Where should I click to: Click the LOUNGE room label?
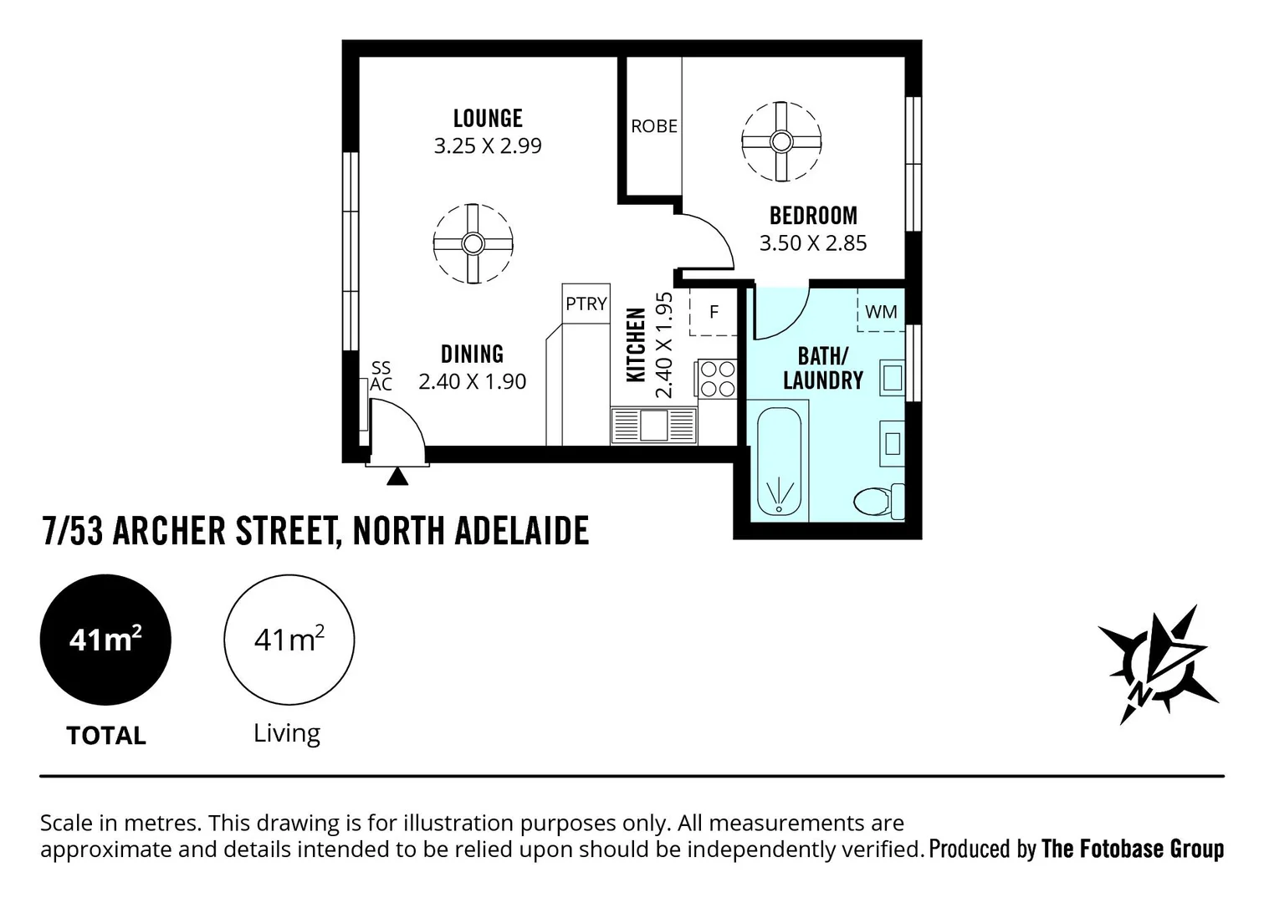tap(488, 119)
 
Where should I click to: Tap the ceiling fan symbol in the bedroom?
tap(781, 141)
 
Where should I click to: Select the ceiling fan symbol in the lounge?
tap(473, 243)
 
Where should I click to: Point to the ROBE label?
tap(654, 126)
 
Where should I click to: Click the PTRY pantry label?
tap(586, 304)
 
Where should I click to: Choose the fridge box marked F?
tap(714, 312)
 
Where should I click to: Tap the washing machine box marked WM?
tap(881, 312)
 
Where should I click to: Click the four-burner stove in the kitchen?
tap(717, 378)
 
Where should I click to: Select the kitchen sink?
tap(654, 425)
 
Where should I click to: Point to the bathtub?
tap(779, 462)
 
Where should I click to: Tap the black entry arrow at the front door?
tap(398, 477)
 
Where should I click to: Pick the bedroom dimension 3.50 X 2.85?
tap(813, 243)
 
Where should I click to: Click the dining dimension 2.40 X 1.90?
tap(473, 381)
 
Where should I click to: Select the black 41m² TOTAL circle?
tap(105, 640)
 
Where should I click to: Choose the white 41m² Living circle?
tap(289, 640)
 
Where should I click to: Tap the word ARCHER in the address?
tap(168, 532)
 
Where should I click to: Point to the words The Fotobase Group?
tap(1132, 849)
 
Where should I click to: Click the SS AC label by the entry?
tap(381, 376)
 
